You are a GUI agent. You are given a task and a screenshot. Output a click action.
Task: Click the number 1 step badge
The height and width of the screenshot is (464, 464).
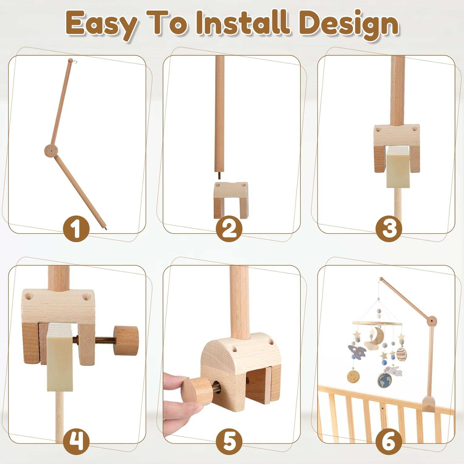76,229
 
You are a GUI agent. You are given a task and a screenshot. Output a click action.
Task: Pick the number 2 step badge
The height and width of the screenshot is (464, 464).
229,229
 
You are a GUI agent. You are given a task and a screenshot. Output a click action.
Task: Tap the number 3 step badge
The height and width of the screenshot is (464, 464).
389,229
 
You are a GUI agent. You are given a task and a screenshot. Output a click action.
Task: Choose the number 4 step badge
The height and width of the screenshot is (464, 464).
76,441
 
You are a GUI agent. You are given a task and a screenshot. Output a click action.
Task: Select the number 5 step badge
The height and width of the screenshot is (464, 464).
229,441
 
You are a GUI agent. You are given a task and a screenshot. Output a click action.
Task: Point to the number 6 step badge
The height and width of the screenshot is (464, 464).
389,441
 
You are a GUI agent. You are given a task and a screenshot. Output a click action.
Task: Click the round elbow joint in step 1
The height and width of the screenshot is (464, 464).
51,151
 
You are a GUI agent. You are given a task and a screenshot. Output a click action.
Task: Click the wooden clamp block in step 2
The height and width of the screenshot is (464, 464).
231,200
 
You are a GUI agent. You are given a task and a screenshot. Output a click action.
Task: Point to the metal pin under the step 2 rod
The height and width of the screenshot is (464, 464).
219,175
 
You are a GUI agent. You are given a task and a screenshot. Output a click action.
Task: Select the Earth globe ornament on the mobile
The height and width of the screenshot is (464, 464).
385,380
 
